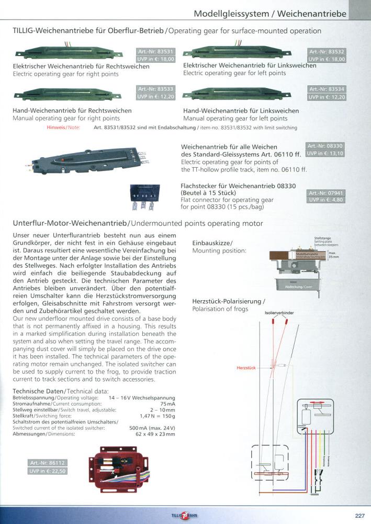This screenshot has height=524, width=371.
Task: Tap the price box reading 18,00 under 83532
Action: pyautogui.click(x=327, y=60)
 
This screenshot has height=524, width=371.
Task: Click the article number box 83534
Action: pyautogui.click(x=327, y=90)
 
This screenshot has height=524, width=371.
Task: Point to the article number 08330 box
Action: pyautogui.click(x=324, y=146)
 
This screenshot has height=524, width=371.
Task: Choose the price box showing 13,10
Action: pyautogui.click(x=324, y=154)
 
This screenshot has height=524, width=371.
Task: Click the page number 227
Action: pyautogui.click(x=359, y=516)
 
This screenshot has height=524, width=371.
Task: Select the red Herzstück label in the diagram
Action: pyautogui.click(x=246, y=368)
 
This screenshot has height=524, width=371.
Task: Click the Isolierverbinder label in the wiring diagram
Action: pyautogui.click(x=280, y=313)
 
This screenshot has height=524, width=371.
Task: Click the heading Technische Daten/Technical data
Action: pyautogui.click(x=60, y=391)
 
